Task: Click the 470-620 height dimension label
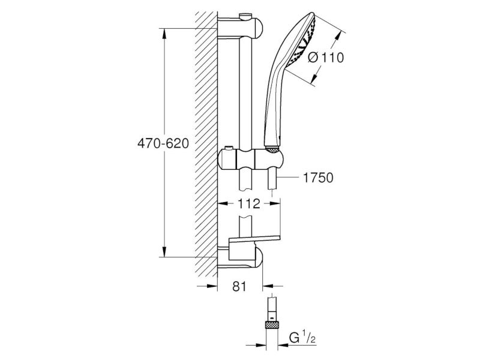(x=163, y=143)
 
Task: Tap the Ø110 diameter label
(x=326, y=57)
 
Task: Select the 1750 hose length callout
(x=318, y=178)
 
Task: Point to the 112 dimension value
(x=250, y=203)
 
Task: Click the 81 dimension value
(x=239, y=287)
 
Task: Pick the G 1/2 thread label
(x=302, y=337)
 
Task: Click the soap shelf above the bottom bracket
(x=254, y=239)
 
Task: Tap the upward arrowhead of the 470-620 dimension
(x=164, y=34)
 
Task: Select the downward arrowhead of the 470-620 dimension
(x=164, y=251)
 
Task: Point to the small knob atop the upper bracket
(x=245, y=16)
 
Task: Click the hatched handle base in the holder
(x=272, y=149)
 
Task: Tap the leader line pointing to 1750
(x=288, y=177)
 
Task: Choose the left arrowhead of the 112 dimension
(x=223, y=203)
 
